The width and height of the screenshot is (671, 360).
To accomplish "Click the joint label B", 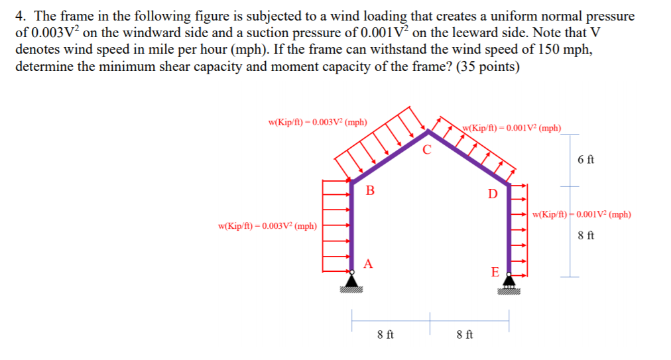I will coord(370,191).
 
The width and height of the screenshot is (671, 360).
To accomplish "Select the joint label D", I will coord(491,194).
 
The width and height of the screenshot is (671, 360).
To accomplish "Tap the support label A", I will coord(368,263).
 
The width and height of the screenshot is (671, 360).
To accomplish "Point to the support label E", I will coord(494,272).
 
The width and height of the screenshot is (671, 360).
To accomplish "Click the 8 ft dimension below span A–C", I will coord(385,335).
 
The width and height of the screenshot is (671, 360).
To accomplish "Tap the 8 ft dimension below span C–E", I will coord(465,335).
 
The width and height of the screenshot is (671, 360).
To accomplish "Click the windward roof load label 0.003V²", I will coord(318,122).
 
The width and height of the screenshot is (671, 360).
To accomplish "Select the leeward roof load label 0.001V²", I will coord(511,127).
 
